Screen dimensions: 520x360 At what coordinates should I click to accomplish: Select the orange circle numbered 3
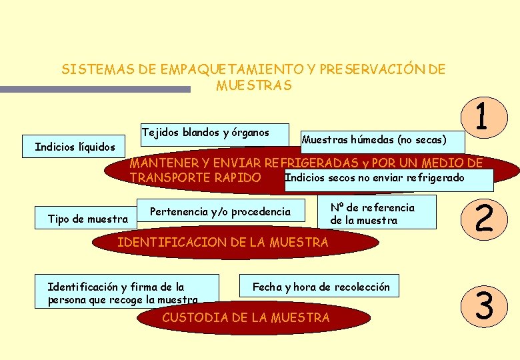tap(485, 307)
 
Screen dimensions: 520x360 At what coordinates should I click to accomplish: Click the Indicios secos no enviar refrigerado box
tap(388, 179)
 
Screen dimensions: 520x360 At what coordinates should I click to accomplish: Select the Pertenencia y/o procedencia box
tap(221, 212)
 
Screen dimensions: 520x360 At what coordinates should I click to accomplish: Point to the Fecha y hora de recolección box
tap(320, 287)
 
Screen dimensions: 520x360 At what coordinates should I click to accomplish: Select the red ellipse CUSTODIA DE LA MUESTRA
tap(246, 318)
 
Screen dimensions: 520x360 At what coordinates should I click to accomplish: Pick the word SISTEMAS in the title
tap(93, 69)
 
